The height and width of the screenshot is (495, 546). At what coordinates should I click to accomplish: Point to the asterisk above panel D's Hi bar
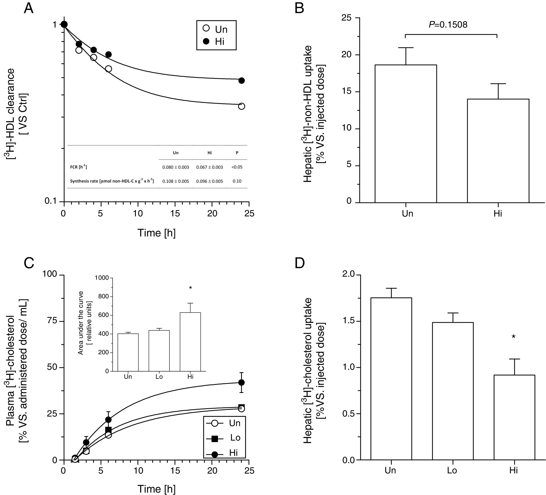coord(513,337)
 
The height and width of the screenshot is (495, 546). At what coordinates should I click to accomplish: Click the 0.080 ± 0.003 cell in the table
coord(175,167)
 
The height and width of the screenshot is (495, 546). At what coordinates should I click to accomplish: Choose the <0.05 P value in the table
coord(237,167)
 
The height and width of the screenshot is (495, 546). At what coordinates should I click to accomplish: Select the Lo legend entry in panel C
coord(225,438)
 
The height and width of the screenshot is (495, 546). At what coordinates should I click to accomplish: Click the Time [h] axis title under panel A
coord(156,233)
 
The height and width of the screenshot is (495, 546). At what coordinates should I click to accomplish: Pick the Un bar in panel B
coord(406,134)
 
